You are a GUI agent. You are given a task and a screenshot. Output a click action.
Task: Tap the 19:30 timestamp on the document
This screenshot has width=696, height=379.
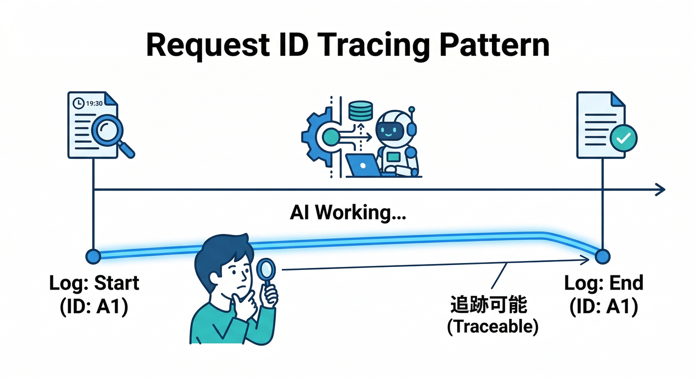[94, 104]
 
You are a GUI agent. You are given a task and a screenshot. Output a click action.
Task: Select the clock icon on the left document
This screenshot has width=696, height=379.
[78, 104]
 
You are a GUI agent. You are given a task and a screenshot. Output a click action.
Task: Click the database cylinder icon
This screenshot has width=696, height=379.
[360, 111]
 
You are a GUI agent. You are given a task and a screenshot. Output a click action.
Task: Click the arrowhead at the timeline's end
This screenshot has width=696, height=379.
[660, 189]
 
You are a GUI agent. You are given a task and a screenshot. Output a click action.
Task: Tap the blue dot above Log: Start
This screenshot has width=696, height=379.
[93, 256]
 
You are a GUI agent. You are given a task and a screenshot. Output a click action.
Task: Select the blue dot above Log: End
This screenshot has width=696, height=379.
[603, 256]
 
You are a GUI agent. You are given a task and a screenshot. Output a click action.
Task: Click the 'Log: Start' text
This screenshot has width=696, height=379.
[94, 283]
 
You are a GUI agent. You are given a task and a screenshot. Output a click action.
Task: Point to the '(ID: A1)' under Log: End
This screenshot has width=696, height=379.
[604, 307]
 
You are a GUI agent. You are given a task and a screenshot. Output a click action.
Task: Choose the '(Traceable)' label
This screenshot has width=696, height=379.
[492, 327]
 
